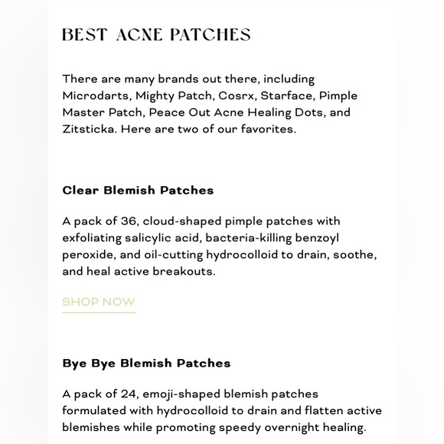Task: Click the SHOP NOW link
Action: click(99, 302)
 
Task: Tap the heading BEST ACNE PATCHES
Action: click(156, 35)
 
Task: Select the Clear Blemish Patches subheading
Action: click(138, 190)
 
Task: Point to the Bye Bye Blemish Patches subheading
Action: click(146, 363)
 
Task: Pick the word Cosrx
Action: click(235, 96)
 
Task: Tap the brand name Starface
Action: click(286, 96)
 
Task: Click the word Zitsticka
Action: click(88, 129)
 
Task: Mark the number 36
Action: click(128, 221)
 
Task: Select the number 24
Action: click(128, 394)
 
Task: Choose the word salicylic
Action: click(152, 238)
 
